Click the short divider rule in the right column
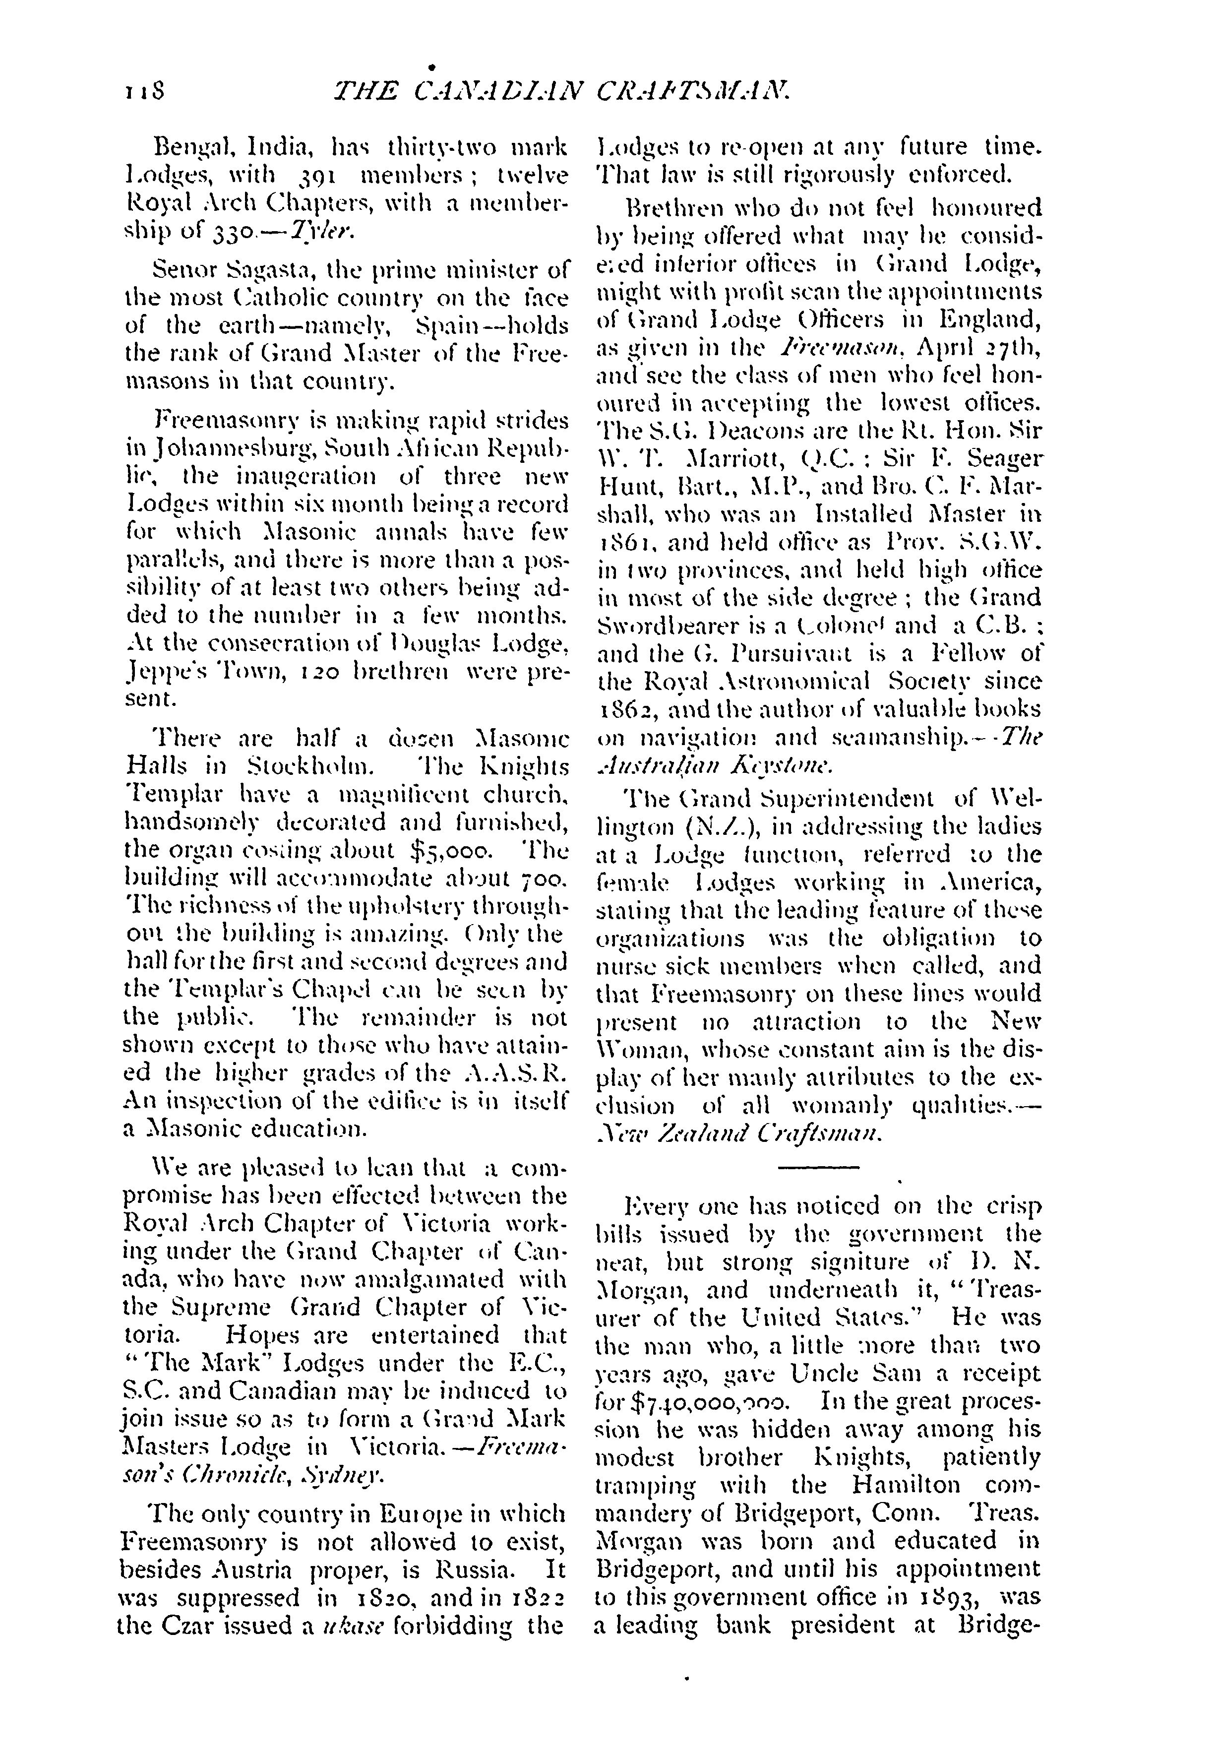coord(818,1168)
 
